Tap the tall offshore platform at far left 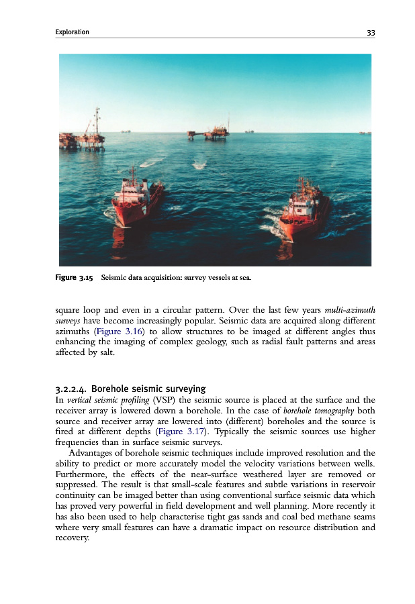click(84, 134)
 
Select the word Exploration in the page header click(73, 32)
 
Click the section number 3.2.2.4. click(71, 389)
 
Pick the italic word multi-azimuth click(350, 311)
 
